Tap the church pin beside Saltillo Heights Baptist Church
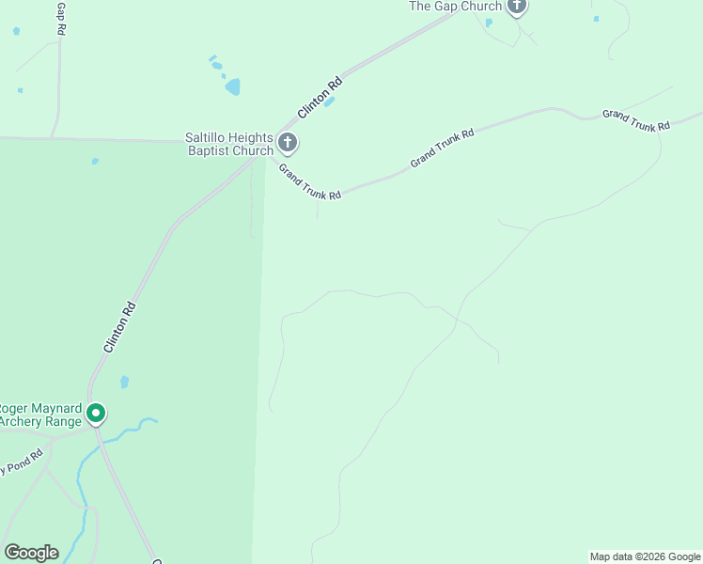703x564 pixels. click(x=288, y=144)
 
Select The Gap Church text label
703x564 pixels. click(x=455, y=7)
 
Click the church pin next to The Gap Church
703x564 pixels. click(x=516, y=7)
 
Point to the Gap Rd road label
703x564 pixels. click(x=61, y=19)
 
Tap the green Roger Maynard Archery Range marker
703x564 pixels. click(x=95, y=413)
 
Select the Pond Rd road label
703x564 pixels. click(x=23, y=462)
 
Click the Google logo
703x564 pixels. click(x=31, y=553)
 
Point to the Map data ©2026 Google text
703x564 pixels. click(x=646, y=556)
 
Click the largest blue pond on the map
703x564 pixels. click(x=232, y=87)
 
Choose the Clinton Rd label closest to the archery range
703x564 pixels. click(x=120, y=328)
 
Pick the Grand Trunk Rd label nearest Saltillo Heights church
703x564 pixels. click(x=309, y=180)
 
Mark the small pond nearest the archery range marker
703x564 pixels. click(x=124, y=383)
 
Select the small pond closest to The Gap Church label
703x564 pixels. click(x=489, y=23)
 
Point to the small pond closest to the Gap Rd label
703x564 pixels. click(x=16, y=31)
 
